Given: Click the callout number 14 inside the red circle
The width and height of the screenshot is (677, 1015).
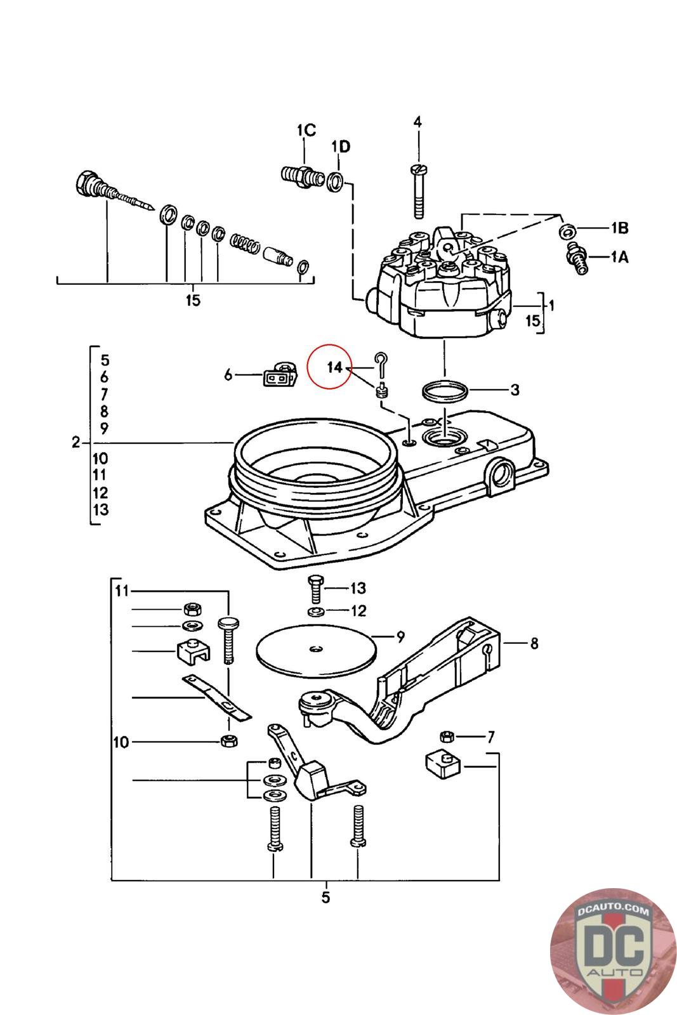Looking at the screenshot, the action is click(334, 367).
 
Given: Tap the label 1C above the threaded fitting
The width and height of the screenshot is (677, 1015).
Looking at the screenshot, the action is click(306, 131).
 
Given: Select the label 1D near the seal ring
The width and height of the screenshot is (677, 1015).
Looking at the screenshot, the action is click(341, 147).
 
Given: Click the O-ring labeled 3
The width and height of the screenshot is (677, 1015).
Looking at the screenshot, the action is click(445, 391).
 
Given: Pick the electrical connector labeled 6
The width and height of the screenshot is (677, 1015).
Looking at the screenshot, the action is click(280, 374).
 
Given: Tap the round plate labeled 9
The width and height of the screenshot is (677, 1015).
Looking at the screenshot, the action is click(317, 651).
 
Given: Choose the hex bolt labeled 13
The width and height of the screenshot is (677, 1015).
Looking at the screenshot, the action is click(315, 589).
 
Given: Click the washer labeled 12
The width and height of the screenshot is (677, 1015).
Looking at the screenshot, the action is click(316, 612).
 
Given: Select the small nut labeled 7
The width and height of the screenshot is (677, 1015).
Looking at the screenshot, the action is click(447, 737).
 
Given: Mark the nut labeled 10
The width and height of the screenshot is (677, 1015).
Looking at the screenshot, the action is click(230, 741).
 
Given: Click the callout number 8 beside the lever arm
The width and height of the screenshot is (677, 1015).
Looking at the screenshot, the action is click(534, 643).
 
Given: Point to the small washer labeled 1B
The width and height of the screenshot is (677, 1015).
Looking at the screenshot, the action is click(568, 231).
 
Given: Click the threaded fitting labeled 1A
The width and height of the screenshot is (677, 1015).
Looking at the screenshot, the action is click(577, 258).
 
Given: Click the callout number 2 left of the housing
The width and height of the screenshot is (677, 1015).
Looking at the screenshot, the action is click(76, 442).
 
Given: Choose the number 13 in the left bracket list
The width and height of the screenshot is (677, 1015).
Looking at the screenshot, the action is click(101, 510).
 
